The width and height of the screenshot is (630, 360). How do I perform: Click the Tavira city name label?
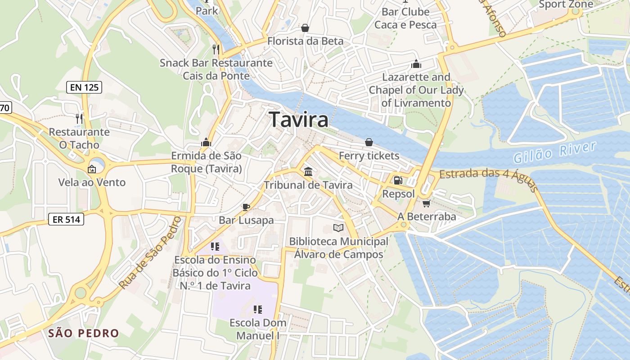tap(299, 120)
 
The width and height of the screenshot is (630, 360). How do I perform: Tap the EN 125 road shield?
tap(85, 87)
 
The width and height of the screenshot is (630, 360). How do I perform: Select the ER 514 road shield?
tap(66, 220)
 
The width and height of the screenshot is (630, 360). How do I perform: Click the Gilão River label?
tap(554, 153)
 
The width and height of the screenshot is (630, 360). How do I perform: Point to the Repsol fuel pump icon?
tap(398, 180)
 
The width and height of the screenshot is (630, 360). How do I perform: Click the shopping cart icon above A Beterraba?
tap(426, 203)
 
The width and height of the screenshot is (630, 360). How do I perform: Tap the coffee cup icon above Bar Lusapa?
tap(246, 207)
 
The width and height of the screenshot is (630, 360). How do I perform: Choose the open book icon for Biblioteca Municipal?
tap(338, 228)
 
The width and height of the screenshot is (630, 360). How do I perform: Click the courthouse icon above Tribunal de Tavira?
tap(308, 171)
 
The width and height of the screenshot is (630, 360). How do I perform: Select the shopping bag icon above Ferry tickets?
tap(369, 142)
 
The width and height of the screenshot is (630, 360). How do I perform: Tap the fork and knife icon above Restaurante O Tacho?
tap(79, 119)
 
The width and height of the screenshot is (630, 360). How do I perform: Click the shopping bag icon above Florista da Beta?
tap(305, 28)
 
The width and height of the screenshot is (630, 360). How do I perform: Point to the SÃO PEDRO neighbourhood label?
tap(83, 333)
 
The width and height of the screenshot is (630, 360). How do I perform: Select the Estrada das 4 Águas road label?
tap(488, 179)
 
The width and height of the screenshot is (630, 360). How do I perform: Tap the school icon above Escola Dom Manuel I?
tap(257, 309)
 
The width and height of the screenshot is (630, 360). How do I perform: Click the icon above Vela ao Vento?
tap(92, 169)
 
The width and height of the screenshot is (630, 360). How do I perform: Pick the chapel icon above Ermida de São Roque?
tap(206, 143)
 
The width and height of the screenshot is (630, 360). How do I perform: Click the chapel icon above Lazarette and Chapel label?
tap(416, 64)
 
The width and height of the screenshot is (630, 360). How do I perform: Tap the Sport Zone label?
tap(566, 5)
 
